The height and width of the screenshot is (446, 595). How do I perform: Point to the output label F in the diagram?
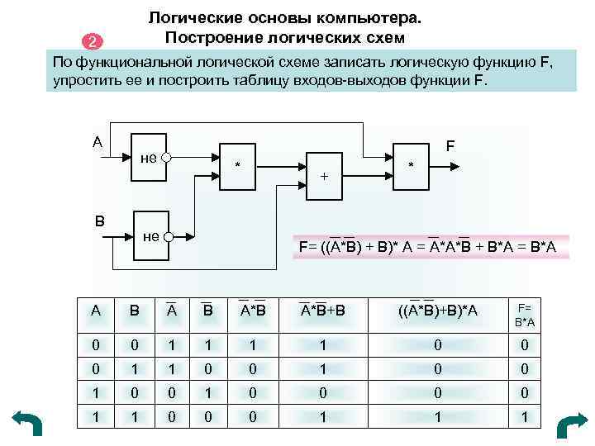click(x=451, y=145)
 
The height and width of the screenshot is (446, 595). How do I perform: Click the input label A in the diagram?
click(x=98, y=141)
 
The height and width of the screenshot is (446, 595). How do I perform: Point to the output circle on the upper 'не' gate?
click(x=166, y=157)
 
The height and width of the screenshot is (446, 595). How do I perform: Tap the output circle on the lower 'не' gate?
click(x=166, y=237)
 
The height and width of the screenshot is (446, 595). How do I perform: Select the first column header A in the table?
click(x=96, y=311)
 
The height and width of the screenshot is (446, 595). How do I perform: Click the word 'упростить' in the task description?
click(x=88, y=83)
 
